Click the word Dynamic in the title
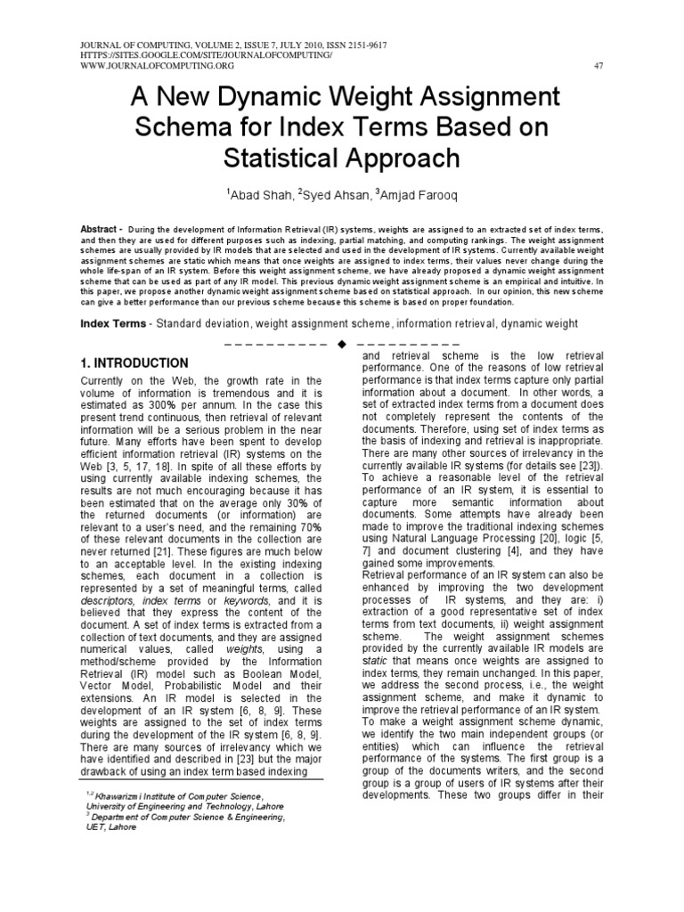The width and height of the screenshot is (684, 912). (x=267, y=95)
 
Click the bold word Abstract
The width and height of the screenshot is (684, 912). (x=98, y=228)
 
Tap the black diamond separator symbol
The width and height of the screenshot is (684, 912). (x=342, y=344)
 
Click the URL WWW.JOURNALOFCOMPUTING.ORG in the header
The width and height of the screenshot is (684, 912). (x=146, y=66)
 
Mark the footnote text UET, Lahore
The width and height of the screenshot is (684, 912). (x=105, y=826)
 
